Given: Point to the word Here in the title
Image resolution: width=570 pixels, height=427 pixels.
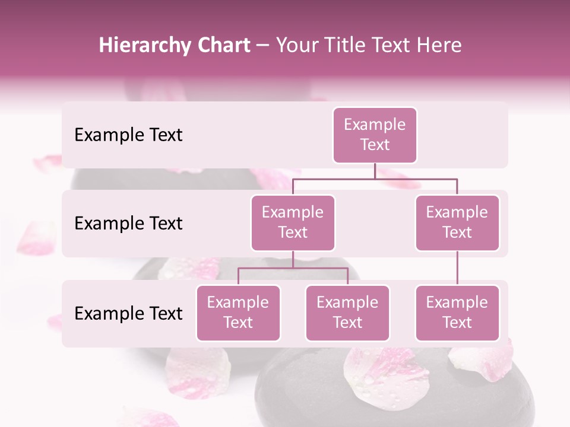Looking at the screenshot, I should (x=439, y=46).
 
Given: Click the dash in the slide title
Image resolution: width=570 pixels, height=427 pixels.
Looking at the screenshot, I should (x=262, y=46).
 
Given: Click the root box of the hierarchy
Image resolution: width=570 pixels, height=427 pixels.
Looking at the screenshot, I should (x=375, y=135).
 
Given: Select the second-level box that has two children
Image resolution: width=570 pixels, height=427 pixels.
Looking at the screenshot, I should (x=293, y=222).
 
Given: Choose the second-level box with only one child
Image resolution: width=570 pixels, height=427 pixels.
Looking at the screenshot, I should (x=457, y=222).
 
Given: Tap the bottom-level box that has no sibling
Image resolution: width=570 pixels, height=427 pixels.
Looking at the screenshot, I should (x=457, y=313).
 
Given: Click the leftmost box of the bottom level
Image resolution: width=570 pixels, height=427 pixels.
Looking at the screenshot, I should (x=238, y=313).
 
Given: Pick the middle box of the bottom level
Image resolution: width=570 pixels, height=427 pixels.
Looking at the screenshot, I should (x=347, y=313).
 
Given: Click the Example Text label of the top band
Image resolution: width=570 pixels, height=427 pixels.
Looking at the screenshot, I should (x=128, y=135).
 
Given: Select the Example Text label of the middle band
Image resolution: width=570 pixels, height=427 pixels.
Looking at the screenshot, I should (x=128, y=223).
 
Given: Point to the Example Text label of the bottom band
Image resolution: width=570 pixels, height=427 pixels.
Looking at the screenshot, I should (x=128, y=313).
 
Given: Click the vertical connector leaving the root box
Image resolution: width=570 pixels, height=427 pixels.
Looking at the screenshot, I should (x=375, y=171).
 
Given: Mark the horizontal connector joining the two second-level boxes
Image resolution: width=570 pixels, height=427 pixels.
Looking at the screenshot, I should (x=375, y=179).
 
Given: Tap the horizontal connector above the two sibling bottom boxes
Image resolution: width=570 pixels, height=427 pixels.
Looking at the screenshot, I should (x=293, y=268).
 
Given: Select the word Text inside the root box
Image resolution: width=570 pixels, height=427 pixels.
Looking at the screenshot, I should (x=375, y=145).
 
